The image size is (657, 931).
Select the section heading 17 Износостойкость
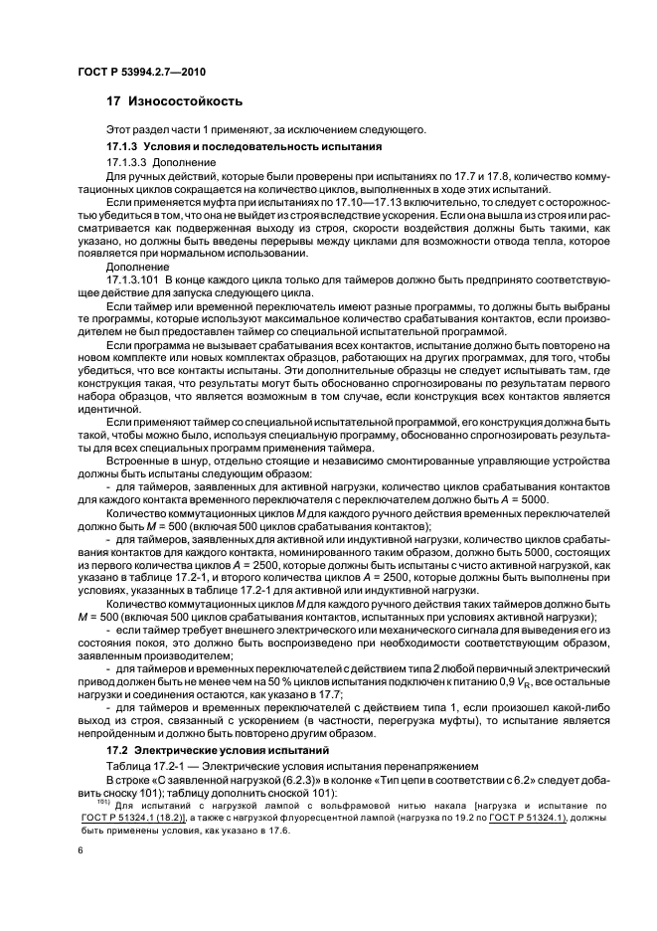click(173, 102)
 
